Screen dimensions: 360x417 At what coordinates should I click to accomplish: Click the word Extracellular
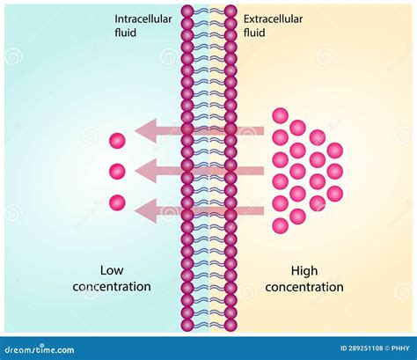273,18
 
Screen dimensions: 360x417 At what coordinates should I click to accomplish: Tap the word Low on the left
112,270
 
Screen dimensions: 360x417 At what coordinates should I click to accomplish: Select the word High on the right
304,270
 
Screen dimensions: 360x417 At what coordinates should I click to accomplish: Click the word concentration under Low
112,286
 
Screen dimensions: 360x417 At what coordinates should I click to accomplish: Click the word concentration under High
304,286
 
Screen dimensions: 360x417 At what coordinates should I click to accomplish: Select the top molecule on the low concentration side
117,140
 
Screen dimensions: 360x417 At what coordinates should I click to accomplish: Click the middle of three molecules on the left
117,171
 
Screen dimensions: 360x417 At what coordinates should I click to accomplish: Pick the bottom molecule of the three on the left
117,202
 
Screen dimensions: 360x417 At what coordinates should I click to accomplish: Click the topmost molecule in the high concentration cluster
280,115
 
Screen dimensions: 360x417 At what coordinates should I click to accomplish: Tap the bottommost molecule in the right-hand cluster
280,225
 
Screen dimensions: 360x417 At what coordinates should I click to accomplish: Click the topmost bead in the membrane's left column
187,11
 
